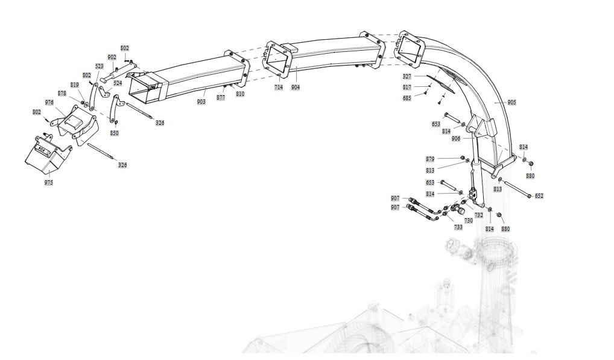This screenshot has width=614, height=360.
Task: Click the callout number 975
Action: (x=49, y=182)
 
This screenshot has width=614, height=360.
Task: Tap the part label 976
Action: (x=49, y=103)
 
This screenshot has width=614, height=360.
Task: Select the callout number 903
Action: (x=201, y=102)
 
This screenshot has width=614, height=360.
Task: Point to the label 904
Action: (x=295, y=87)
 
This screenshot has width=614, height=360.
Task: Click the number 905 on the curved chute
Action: (x=511, y=103)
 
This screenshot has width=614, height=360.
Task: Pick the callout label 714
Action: (x=278, y=87)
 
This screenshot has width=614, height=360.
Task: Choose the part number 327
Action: (x=407, y=77)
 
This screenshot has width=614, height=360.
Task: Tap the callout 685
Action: (x=407, y=98)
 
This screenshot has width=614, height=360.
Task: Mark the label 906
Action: (x=456, y=139)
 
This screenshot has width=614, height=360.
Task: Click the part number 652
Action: (x=539, y=196)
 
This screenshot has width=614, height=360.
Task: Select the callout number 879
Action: (x=430, y=159)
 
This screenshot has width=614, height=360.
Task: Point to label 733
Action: (x=458, y=227)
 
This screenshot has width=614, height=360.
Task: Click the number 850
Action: (x=114, y=133)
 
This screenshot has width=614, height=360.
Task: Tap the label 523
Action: (x=100, y=66)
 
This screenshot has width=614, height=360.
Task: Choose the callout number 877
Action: (x=221, y=98)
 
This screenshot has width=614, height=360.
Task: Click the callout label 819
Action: (x=75, y=85)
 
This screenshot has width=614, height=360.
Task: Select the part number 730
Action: (x=469, y=221)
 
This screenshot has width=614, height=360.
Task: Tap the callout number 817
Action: (x=407, y=87)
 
